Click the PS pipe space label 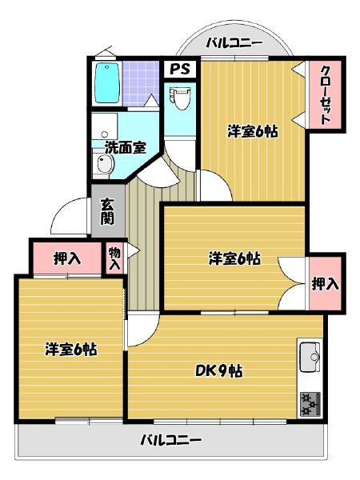[x=180, y=69]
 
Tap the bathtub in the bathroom [x=107, y=83]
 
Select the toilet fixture [x=180, y=98]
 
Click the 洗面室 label [x=126, y=148]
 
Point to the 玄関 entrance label [x=107, y=211]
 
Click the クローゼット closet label [x=325, y=95]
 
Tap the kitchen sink [x=310, y=357]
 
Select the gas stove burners [x=310, y=404]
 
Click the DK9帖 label [x=219, y=371]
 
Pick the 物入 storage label [x=115, y=258]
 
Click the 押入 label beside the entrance [x=67, y=258]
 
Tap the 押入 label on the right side [x=325, y=284]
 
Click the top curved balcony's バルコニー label [x=234, y=43]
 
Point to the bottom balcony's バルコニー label [x=171, y=440]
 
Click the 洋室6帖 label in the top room [x=253, y=132]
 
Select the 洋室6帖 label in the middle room [x=234, y=258]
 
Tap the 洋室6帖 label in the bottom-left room [x=71, y=350]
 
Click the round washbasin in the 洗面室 [x=105, y=163]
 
